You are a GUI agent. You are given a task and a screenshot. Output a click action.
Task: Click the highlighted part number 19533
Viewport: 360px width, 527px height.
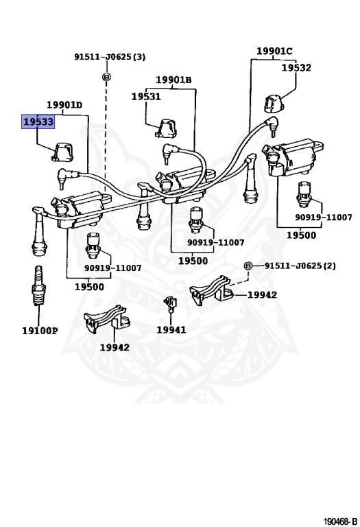[38, 121]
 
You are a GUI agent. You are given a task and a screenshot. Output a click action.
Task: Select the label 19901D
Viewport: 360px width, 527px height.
[64, 105]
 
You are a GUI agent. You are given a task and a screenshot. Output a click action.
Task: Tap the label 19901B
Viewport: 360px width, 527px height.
[173, 80]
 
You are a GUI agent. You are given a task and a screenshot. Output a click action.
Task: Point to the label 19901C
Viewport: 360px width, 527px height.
[274, 51]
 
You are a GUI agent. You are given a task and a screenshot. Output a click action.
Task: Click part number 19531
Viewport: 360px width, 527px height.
[146, 97]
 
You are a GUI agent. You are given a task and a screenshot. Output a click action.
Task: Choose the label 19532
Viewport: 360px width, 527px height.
[296, 67]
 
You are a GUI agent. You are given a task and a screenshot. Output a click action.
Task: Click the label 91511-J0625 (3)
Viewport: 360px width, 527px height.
[110, 56]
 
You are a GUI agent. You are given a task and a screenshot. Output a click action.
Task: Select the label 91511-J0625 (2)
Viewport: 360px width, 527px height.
[300, 266]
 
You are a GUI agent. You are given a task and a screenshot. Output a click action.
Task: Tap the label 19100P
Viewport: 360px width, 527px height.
[40, 331]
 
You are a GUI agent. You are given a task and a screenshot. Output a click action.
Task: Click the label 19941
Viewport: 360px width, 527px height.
[171, 329]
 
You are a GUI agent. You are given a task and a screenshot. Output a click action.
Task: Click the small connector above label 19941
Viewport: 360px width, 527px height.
[171, 303]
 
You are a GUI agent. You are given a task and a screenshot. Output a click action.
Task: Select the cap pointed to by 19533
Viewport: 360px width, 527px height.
[64, 152]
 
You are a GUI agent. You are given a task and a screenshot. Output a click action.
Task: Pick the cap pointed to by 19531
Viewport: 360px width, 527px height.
[166, 128]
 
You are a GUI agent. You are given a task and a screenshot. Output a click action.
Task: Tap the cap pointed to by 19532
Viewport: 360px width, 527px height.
[273, 104]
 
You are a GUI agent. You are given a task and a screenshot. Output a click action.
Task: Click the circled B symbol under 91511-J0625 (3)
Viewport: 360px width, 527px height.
[106, 77]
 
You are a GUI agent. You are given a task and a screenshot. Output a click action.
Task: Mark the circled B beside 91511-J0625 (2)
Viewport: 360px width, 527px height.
[248, 266]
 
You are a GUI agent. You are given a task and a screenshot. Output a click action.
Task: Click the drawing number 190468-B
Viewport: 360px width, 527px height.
[340, 522]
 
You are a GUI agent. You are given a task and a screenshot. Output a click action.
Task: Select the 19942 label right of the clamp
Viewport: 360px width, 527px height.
[262, 295]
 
